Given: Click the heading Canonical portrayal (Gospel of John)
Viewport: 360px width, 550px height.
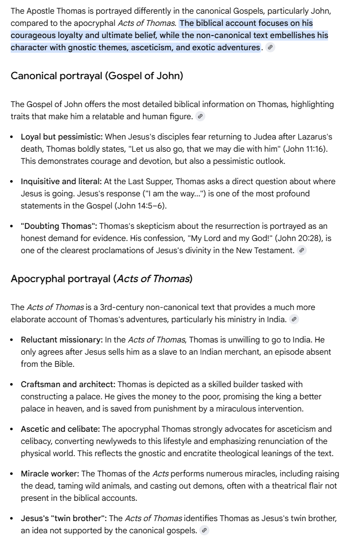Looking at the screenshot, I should [97, 76].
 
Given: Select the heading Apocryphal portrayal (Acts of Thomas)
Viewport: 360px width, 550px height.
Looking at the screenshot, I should [101, 279].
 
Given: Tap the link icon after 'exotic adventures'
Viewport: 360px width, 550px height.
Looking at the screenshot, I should [271, 48].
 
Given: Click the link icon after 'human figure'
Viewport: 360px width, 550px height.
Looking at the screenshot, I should [201, 117].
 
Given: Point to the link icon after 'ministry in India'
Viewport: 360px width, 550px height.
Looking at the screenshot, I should [294, 319].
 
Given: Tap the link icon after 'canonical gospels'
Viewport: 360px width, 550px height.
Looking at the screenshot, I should [204, 531].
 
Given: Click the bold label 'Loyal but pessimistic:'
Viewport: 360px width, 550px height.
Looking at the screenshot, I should [62, 137].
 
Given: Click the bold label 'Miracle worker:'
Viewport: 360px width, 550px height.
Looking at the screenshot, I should [50, 474].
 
